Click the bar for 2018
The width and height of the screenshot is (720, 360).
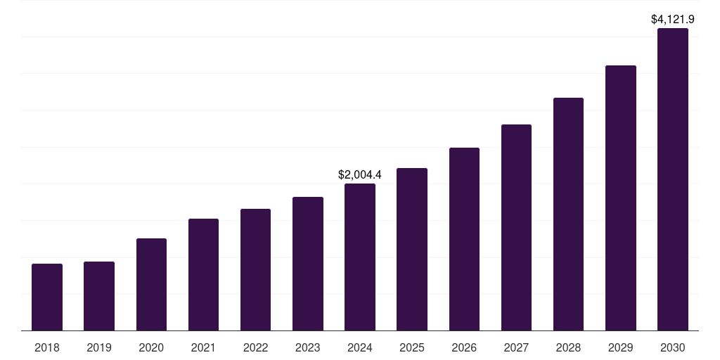pyautogui.click(x=47, y=297)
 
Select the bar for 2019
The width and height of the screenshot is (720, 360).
pyautogui.click(x=99, y=296)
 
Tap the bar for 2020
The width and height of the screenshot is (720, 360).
pyautogui.click(x=151, y=284)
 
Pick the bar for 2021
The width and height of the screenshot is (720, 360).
pyautogui.click(x=203, y=274)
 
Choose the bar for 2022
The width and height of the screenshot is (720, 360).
pyautogui.click(x=255, y=269)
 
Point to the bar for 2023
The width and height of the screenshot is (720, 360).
pyautogui.click(x=308, y=264)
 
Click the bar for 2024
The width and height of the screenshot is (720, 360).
pyautogui.click(x=360, y=257)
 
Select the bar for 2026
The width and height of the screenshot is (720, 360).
pyautogui.click(x=464, y=239)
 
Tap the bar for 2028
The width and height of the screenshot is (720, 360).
pyautogui.click(x=568, y=214)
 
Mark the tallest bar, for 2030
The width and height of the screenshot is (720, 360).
pyautogui.click(x=673, y=179)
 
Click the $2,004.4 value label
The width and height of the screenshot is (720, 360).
pyautogui.click(x=359, y=174)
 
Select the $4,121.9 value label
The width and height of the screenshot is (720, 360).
pyautogui.click(x=673, y=19)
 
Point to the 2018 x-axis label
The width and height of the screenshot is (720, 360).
pyautogui.click(x=47, y=347)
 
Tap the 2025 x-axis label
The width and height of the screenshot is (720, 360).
pyautogui.click(x=412, y=347)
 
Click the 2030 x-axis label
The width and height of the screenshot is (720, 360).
pyautogui.click(x=673, y=347)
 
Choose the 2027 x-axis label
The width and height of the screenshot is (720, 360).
pyautogui.click(x=516, y=347)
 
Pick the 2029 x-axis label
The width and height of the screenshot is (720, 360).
pyautogui.click(x=621, y=347)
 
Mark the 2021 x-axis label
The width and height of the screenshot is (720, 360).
pyautogui.click(x=203, y=347)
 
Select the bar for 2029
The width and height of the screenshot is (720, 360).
pyautogui.click(x=621, y=198)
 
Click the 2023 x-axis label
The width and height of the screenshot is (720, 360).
pyautogui.click(x=308, y=347)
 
